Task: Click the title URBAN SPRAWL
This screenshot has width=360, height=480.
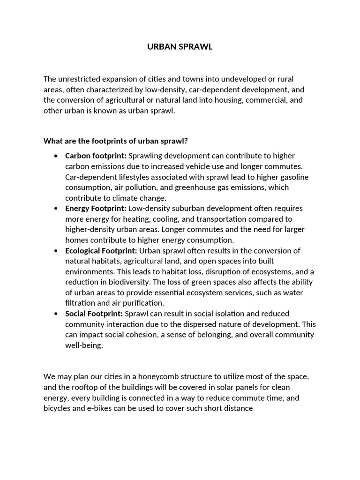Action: point(180,47)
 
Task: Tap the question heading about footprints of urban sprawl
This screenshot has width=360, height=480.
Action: point(115,141)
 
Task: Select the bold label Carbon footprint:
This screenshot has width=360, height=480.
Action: point(96,156)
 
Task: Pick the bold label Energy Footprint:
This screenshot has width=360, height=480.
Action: point(96,208)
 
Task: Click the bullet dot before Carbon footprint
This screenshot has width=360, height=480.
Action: point(56,156)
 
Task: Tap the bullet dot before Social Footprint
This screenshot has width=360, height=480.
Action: point(56,314)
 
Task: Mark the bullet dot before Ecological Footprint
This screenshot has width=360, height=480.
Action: point(56,251)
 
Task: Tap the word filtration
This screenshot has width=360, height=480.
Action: point(80,303)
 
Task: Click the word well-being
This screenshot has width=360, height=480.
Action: point(83,345)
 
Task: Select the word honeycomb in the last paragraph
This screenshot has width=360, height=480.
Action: point(162,377)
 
